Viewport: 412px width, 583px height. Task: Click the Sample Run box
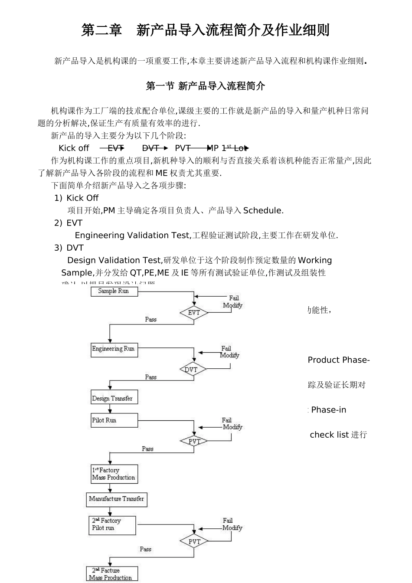114,291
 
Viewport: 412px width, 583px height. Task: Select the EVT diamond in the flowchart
194,312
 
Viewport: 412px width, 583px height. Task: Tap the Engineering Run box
114,350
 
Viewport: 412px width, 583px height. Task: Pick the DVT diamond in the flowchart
192,370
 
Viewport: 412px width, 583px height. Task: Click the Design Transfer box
114,398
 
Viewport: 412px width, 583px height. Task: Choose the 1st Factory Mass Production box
114,474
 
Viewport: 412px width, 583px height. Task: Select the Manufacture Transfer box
116,499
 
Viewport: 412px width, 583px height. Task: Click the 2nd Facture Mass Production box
112,574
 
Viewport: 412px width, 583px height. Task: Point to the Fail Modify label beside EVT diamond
233,301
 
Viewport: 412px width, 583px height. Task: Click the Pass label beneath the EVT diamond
150,319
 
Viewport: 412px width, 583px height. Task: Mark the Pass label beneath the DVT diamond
150,377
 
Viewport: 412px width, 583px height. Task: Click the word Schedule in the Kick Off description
262,211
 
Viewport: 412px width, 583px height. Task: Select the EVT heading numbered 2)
74,223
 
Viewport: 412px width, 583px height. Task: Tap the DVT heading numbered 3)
75,248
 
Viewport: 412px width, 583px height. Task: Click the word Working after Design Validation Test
315,260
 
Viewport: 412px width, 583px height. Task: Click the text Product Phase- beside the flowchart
338,360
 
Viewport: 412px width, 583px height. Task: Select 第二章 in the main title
102,30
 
